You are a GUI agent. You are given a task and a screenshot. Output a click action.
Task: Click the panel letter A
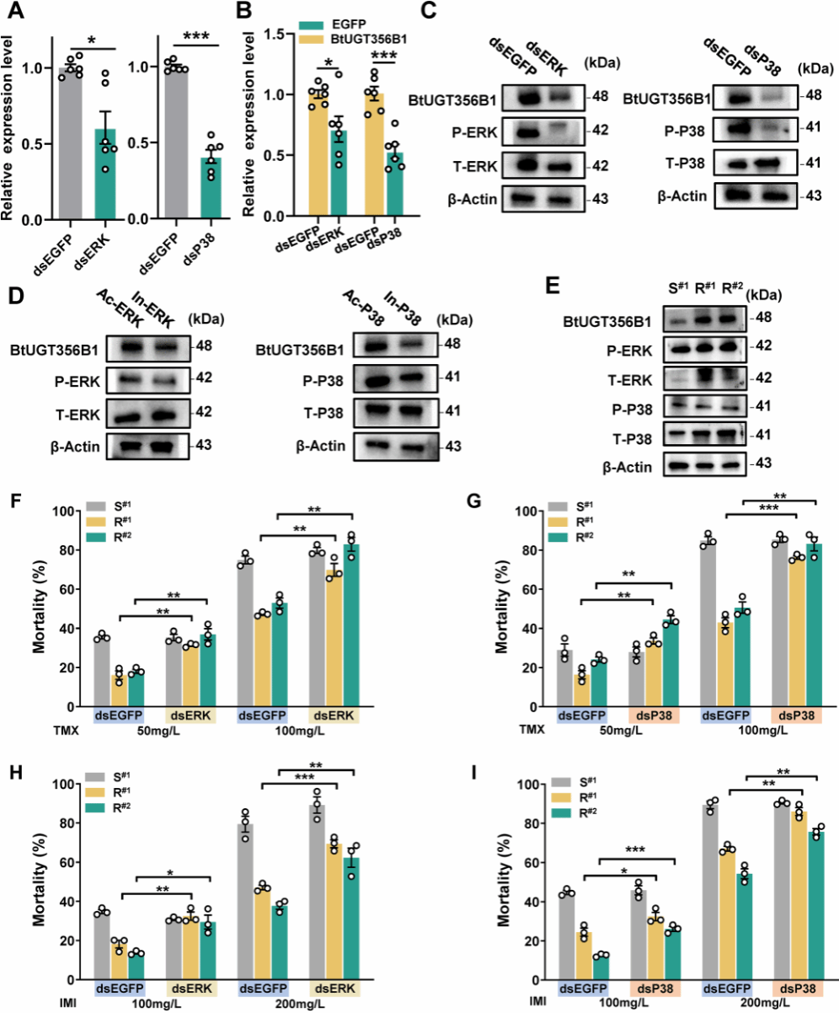point(16,11)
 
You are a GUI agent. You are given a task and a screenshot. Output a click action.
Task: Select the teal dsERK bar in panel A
point(105,174)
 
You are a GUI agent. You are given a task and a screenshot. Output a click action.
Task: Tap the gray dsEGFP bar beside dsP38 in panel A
point(176,143)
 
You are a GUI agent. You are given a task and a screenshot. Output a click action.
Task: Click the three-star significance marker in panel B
point(383,56)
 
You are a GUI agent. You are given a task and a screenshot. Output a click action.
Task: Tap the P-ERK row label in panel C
point(474,132)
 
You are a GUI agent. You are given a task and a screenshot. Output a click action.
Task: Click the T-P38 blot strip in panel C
point(756,164)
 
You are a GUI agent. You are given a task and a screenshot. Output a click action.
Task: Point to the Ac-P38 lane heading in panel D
point(364,308)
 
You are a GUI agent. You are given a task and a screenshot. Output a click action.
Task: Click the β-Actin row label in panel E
point(628,467)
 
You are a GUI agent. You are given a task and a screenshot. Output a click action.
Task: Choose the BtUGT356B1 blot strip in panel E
point(705,319)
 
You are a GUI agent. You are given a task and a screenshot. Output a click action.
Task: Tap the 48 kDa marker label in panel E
point(763,317)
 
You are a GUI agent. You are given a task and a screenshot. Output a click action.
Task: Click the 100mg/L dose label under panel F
point(300,730)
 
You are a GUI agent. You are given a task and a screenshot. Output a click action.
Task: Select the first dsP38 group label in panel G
point(653,716)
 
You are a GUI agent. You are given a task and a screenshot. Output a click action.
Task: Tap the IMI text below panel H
point(67,1003)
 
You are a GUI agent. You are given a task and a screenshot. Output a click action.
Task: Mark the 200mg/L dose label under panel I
point(764,1002)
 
